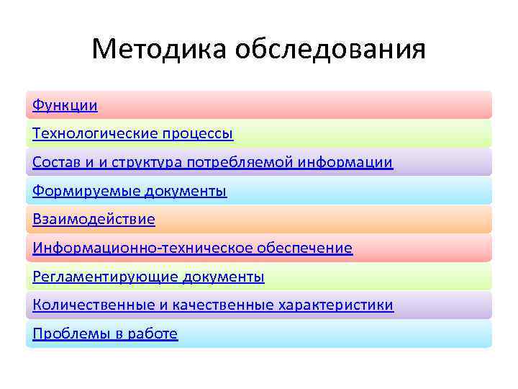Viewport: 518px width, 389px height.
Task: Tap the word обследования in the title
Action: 330,50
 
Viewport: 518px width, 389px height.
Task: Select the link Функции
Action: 65,105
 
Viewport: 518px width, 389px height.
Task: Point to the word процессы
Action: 198,134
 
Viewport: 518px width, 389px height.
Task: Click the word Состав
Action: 56,162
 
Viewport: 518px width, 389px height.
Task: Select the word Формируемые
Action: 86,191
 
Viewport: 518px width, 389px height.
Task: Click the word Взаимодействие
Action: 94,219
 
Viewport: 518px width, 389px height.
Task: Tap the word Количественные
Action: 93,305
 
